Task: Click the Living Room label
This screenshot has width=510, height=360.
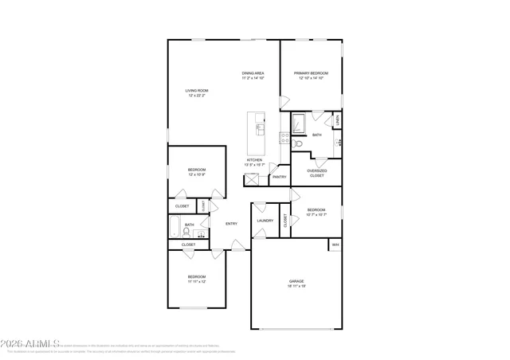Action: (x=197, y=91)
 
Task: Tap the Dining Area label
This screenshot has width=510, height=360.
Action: (x=253, y=73)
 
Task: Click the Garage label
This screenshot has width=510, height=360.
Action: (x=296, y=281)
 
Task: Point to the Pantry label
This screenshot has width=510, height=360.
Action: (x=278, y=177)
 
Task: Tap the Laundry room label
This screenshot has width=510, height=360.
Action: (x=265, y=221)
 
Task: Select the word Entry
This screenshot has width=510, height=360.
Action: (x=231, y=224)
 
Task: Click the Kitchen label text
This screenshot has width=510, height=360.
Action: (x=254, y=160)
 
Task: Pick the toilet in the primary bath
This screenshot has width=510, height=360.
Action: (x=296, y=144)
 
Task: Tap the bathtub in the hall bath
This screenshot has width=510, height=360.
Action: (x=175, y=229)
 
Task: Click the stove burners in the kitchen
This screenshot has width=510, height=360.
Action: (x=284, y=137)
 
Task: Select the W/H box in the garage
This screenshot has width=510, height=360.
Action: (x=335, y=245)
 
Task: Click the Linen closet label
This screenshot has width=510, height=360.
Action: (x=338, y=120)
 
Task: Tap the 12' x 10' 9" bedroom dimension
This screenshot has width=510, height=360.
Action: (x=197, y=174)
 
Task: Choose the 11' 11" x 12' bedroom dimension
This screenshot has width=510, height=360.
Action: (x=197, y=281)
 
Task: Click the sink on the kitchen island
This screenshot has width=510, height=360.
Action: (x=259, y=127)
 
